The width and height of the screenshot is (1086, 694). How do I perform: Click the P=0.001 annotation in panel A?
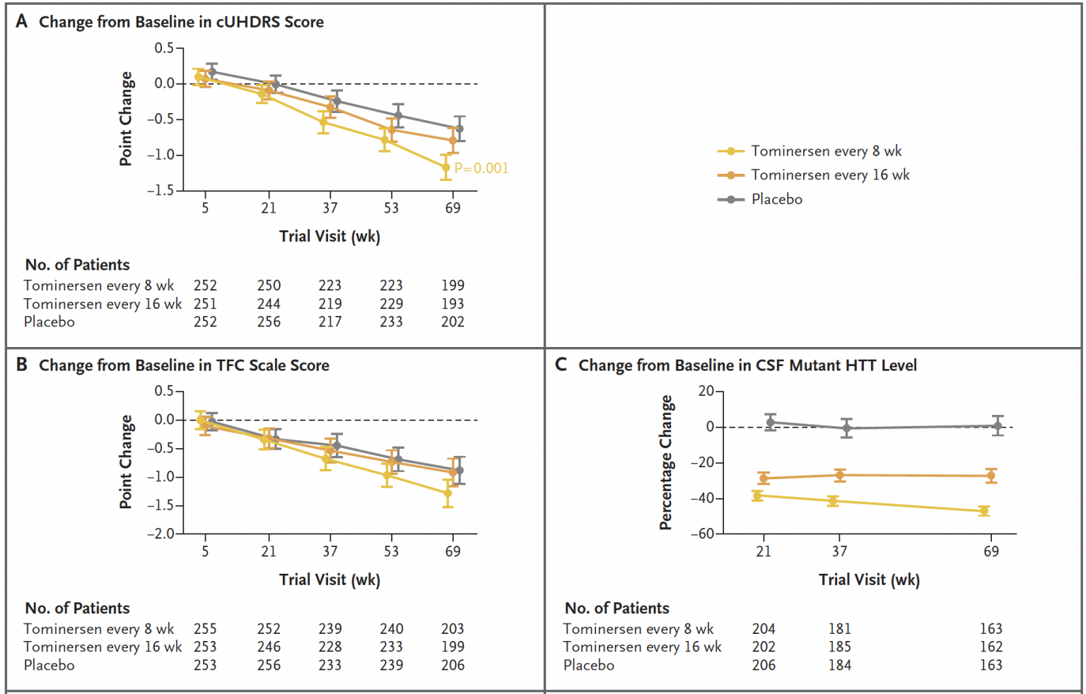481,168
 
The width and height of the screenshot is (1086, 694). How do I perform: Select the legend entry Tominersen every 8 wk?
826,151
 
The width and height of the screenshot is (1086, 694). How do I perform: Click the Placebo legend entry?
776,199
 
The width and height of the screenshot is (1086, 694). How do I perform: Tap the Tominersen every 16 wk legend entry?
830,175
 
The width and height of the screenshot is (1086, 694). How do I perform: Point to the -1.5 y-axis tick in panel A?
160,190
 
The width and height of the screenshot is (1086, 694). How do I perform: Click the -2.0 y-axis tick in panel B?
160,534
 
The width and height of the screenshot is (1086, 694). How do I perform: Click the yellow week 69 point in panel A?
446,167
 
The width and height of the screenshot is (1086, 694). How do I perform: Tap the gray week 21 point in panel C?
770,423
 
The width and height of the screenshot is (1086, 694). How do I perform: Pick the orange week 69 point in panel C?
991,476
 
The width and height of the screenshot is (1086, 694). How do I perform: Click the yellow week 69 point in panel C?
984,510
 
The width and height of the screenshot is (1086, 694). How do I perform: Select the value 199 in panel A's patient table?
452,286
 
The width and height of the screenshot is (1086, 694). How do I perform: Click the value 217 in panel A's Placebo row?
329,322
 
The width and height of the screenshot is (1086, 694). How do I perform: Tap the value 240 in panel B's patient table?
391,629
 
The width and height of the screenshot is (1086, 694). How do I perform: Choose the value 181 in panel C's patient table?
839,629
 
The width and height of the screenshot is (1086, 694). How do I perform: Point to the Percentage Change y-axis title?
665,462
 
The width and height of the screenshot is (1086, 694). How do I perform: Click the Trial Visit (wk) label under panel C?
869,580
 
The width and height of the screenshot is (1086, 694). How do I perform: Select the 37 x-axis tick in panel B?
329,551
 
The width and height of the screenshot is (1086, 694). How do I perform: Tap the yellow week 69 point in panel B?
448,493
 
